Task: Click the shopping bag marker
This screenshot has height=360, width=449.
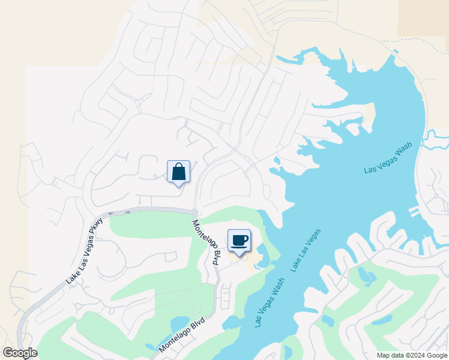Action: tap(179, 172)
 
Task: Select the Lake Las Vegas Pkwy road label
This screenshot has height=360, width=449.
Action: tap(85, 251)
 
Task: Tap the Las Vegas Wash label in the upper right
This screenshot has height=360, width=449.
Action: tap(388, 158)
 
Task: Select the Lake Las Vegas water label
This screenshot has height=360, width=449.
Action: tap(306, 250)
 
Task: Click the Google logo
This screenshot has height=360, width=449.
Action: tap(20, 353)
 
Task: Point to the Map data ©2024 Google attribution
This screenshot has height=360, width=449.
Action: tap(412, 355)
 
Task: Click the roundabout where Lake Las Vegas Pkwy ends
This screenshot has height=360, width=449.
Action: tap(195, 212)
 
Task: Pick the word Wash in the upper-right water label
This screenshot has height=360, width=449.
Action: tap(403, 150)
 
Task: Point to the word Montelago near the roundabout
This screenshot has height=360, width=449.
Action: tap(202, 236)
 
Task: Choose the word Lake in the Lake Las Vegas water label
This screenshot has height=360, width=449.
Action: tap(297, 264)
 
